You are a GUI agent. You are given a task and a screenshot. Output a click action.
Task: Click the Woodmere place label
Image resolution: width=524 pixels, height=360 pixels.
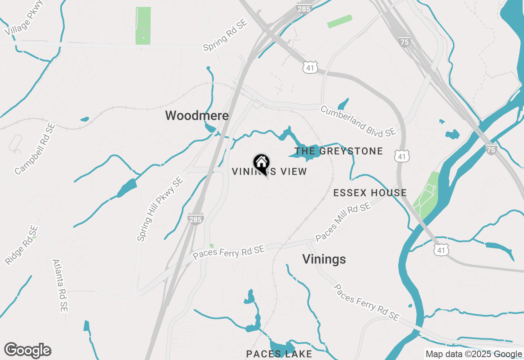[x=197, y=116]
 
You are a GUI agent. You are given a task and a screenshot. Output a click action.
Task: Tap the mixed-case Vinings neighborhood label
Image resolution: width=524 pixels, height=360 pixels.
[x=324, y=259]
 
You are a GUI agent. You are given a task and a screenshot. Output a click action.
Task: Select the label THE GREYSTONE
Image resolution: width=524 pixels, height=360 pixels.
[x=339, y=151]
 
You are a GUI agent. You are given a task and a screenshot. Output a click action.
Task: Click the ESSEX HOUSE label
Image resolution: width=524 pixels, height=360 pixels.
[x=370, y=193]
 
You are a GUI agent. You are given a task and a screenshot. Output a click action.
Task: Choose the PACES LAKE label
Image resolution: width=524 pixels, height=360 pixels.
[x=279, y=354]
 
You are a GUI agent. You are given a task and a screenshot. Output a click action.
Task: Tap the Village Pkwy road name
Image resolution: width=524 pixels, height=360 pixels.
[x=24, y=18]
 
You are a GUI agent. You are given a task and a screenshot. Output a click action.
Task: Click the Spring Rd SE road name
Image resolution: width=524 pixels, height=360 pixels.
[x=226, y=35]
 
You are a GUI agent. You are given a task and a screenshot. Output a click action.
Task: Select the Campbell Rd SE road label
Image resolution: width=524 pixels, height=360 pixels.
[x=35, y=148]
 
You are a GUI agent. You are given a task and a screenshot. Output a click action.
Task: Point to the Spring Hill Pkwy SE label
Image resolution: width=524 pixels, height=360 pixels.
[x=160, y=209]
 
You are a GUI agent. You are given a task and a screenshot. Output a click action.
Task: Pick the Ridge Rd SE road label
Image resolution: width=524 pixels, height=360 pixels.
[x=22, y=245]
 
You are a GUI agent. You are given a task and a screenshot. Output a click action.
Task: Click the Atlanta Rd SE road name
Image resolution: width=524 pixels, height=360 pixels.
[x=60, y=285]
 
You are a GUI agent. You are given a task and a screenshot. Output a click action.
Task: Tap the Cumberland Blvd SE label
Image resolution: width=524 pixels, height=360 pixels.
[x=358, y=121]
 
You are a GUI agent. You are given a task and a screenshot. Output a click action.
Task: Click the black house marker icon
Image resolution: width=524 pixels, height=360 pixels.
[x=261, y=163]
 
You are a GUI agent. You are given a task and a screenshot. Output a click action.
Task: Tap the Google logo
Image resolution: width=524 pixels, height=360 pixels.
[x=27, y=351]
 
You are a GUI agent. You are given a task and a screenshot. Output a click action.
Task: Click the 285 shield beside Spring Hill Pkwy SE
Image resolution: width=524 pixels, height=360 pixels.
[x=196, y=219]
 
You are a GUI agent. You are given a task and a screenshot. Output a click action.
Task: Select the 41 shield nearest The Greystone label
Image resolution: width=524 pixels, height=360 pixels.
[x=402, y=156]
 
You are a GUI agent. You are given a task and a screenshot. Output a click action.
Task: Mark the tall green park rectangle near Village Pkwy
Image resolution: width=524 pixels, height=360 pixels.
[x=143, y=25]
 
